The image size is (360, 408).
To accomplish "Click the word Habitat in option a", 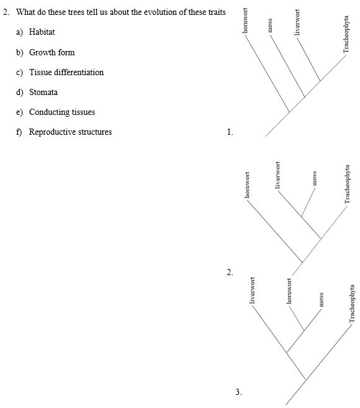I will click(x=42, y=32).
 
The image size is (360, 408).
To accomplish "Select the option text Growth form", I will click(x=52, y=52).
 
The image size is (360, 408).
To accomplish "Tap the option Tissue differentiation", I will click(x=66, y=72).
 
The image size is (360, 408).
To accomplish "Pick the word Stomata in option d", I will click(x=43, y=92).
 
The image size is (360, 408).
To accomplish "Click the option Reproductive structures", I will click(x=70, y=132).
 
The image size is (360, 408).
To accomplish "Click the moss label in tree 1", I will click(x=270, y=26).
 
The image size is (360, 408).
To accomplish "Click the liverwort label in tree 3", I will click(x=253, y=292).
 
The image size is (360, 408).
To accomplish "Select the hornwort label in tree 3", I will click(x=289, y=289).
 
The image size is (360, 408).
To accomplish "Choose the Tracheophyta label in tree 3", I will click(x=351, y=304).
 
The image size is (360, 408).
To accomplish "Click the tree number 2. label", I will click(x=230, y=272).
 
